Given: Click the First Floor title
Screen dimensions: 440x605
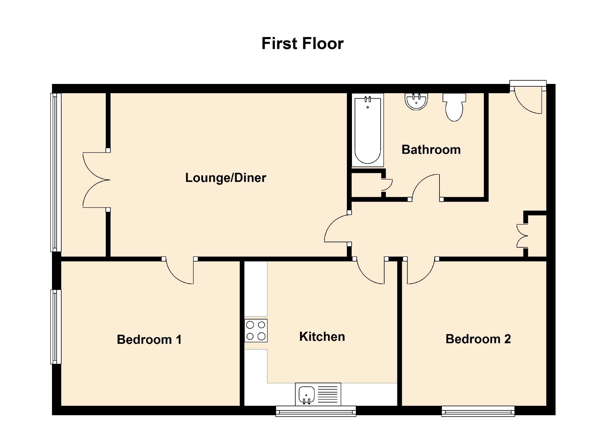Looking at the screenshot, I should (x=302, y=44).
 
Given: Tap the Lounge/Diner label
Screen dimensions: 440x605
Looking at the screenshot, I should (x=226, y=178).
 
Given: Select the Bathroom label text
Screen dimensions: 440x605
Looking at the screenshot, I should (x=431, y=150).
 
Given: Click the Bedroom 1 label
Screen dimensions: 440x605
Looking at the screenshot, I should (x=149, y=340).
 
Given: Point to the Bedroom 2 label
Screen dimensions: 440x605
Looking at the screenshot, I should (x=478, y=339).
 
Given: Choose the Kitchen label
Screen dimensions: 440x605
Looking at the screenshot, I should (x=322, y=337).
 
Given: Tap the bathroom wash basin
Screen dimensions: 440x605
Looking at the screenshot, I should (x=416, y=101).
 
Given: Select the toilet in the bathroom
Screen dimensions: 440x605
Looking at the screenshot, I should (x=454, y=108).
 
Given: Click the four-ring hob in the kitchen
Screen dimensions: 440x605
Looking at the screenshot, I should (x=256, y=331).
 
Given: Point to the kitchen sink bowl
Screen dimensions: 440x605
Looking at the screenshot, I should (x=306, y=395).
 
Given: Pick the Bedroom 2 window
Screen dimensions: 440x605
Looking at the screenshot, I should (x=478, y=412).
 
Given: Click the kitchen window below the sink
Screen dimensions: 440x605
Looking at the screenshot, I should (x=316, y=412).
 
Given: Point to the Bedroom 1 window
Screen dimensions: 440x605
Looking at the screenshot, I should (x=56, y=327).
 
